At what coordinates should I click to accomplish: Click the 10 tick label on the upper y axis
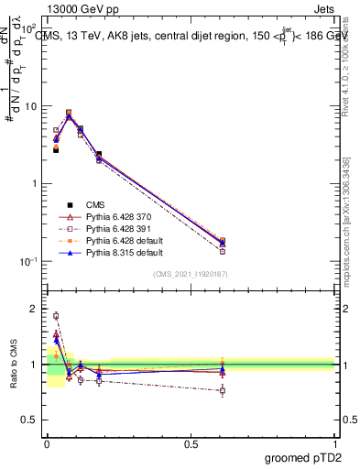coord(30,106)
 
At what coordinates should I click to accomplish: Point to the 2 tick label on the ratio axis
coord(36,310)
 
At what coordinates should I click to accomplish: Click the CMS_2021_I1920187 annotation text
coord(190,274)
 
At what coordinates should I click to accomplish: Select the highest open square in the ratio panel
coord(56,316)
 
